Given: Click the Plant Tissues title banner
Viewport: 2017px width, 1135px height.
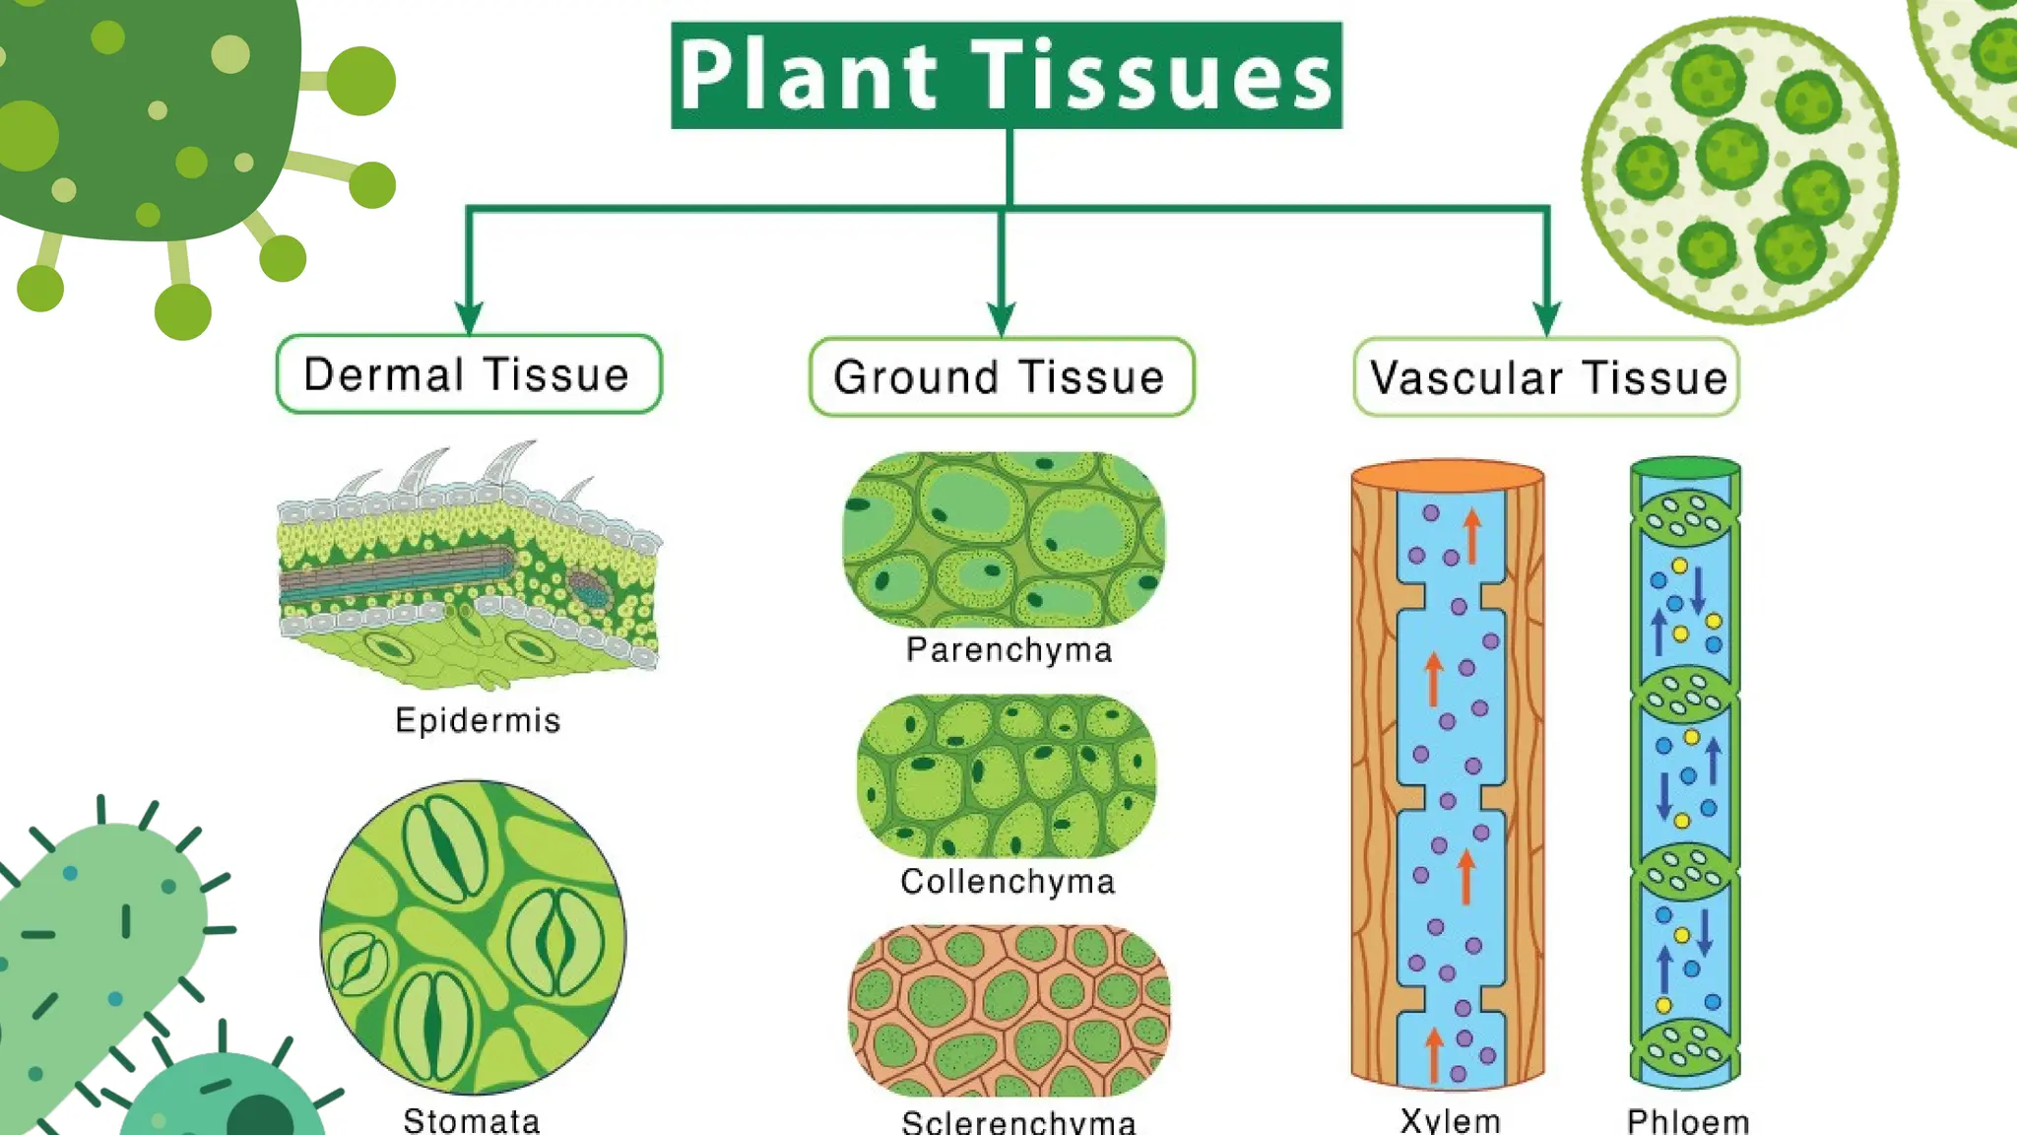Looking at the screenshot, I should [1006, 75].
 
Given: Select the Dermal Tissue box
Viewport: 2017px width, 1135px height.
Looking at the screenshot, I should [469, 374].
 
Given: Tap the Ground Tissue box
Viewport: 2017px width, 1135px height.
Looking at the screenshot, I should [1001, 377].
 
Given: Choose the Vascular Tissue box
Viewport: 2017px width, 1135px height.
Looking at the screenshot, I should [1546, 377].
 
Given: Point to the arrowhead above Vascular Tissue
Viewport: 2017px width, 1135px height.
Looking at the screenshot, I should [1546, 317].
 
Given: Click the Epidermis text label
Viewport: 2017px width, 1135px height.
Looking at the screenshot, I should [478, 720].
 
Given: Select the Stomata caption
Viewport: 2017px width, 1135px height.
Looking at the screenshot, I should [472, 1120].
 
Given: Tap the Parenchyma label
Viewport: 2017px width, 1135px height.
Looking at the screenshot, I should [1008, 650].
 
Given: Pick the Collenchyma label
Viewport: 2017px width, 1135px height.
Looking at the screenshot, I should [1008, 881].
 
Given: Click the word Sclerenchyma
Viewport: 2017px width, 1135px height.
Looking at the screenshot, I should [1018, 1121].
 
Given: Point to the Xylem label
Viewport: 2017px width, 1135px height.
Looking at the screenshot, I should [1450, 1120].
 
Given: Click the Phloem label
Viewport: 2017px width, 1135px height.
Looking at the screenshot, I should [1687, 1120].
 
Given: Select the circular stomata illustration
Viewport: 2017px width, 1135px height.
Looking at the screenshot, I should [473, 937].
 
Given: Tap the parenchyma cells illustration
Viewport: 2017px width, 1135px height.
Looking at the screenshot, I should [1004, 539].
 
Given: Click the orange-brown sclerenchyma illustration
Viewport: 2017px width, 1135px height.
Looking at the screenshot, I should [1008, 1010].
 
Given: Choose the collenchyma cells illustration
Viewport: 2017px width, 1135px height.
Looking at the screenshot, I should [1006, 775].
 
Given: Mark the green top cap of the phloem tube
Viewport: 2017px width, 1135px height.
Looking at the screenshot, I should [1685, 467].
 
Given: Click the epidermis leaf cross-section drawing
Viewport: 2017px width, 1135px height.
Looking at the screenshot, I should [469, 571].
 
